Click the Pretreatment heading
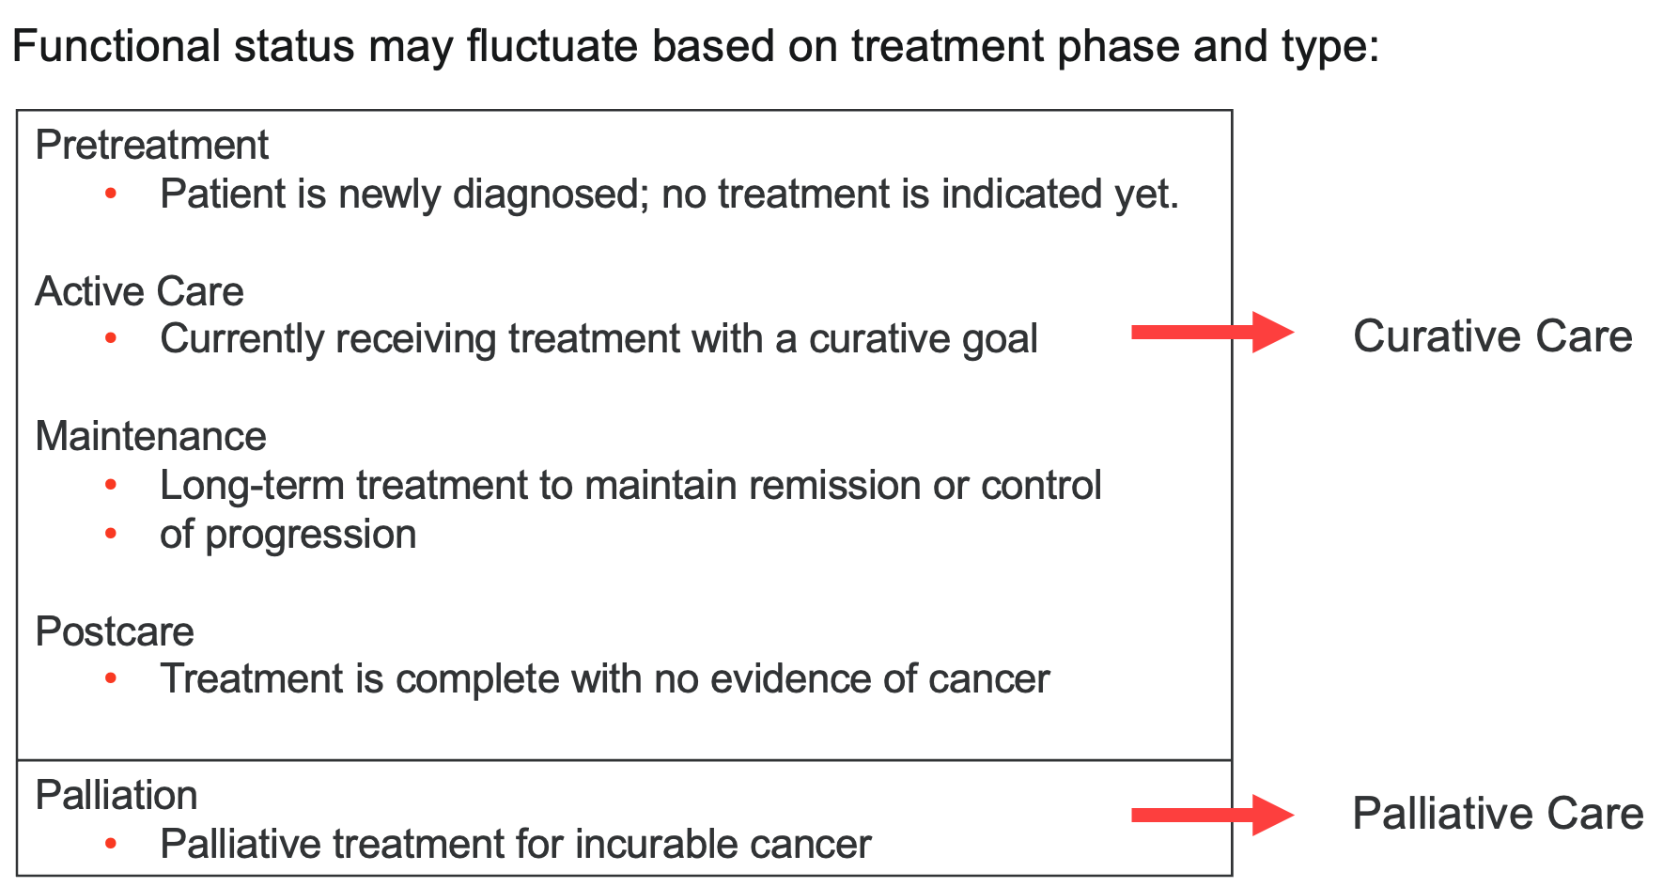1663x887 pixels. click(x=151, y=145)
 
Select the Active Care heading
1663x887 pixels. click(x=139, y=291)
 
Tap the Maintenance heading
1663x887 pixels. click(x=150, y=436)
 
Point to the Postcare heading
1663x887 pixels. click(x=115, y=631)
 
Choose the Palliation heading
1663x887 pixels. click(x=117, y=795)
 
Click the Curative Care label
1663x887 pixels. click(x=1493, y=336)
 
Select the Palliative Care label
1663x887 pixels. click(x=1499, y=814)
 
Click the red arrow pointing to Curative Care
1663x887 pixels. click(x=1213, y=332)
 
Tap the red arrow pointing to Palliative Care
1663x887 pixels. click(x=1213, y=815)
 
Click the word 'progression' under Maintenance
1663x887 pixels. click(x=311, y=535)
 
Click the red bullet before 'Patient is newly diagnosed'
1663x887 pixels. click(x=111, y=194)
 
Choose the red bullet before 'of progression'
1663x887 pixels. click(x=111, y=534)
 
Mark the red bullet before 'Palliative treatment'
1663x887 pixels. click(x=111, y=844)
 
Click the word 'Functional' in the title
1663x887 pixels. click(x=117, y=46)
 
